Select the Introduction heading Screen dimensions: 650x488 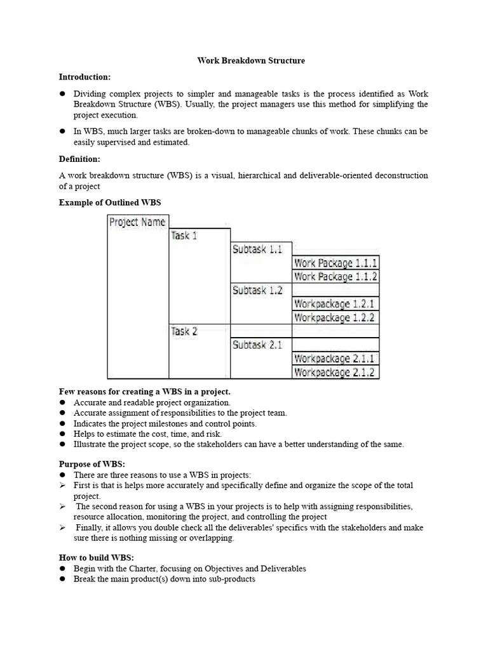pyautogui.click(x=85, y=77)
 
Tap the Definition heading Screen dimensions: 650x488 pyautogui.click(x=79, y=159)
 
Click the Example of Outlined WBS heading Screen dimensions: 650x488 pyautogui.click(x=110, y=202)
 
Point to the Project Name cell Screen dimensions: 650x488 pyautogui.click(x=137, y=222)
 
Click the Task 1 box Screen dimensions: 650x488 pyautogui.click(x=184, y=235)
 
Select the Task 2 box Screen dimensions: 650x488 pyautogui.click(x=184, y=331)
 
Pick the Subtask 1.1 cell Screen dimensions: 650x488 pyautogui.click(x=257, y=249)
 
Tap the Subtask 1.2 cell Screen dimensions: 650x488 pyautogui.click(x=257, y=291)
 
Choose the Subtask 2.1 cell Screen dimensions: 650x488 pyautogui.click(x=257, y=345)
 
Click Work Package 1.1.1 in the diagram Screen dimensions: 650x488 pyautogui.click(x=335, y=263)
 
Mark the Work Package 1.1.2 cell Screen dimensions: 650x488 pyautogui.click(x=335, y=277)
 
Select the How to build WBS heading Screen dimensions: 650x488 pyautogui.click(x=96, y=557)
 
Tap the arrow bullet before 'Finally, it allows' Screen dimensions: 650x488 pyautogui.click(x=63, y=527)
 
